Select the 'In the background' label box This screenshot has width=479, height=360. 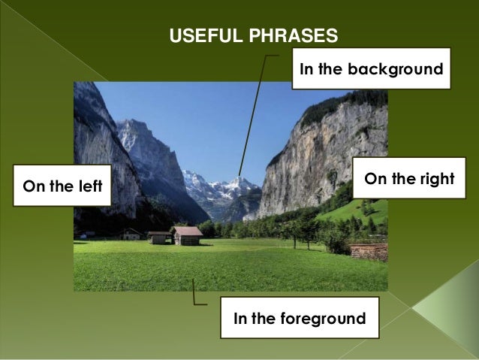click(x=371, y=69)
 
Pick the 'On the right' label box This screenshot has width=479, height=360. click(x=409, y=179)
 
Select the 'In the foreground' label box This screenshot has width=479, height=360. click(x=300, y=319)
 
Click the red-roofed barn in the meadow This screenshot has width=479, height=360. click(x=187, y=235)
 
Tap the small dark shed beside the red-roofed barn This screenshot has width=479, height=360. click(x=159, y=237)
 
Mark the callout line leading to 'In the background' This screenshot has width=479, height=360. click(x=255, y=113)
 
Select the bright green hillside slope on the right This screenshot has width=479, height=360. click(x=353, y=211)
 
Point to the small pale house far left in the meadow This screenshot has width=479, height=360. click(x=132, y=234)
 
